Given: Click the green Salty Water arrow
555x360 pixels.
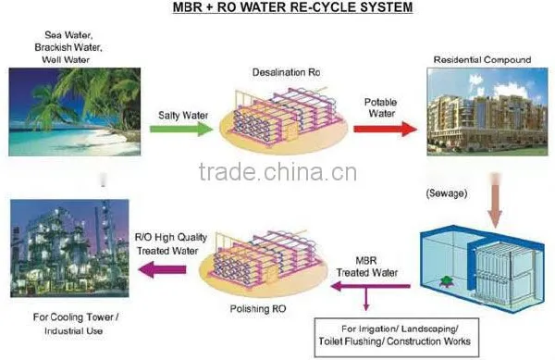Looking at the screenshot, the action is click(x=181, y=129).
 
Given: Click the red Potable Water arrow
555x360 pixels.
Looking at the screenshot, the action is click(x=385, y=129).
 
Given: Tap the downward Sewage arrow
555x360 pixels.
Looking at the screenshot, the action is click(x=495, y=200).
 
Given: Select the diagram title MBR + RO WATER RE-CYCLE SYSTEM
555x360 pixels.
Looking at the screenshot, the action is click(x=292, y=7).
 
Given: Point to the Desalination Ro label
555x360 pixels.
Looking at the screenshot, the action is click(x=286, y=72).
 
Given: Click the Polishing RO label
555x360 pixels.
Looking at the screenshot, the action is click(x=258, y=309).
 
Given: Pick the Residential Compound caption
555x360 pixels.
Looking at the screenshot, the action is click(x=482, y=59).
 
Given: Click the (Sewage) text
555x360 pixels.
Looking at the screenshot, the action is click(x=447, y=193).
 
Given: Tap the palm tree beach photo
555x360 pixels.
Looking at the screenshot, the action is click(x=75, y=112).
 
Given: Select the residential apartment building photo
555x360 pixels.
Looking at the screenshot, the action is click(x=487, y=112).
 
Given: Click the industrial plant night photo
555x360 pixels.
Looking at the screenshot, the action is click(x=69, y=248).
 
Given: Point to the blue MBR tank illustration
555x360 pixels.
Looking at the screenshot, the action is click(x=482, y=268).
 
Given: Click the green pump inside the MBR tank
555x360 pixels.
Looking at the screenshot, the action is click(x=446, y=281).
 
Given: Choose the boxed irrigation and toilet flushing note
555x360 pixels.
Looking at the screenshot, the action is click(x=397, y=337).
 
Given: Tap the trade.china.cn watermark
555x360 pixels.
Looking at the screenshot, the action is click(x=277, y=172).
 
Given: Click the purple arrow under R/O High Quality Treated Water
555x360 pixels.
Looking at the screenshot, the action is click(x=163, y=269).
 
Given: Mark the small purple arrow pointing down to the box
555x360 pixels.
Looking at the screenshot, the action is click(x=366, y=298).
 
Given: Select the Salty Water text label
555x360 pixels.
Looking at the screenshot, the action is click(x=183, y=116).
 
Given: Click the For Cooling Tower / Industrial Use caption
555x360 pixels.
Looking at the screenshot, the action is click(x=75, y=324).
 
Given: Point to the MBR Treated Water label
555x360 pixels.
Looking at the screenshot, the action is click(x=366, y=267).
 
